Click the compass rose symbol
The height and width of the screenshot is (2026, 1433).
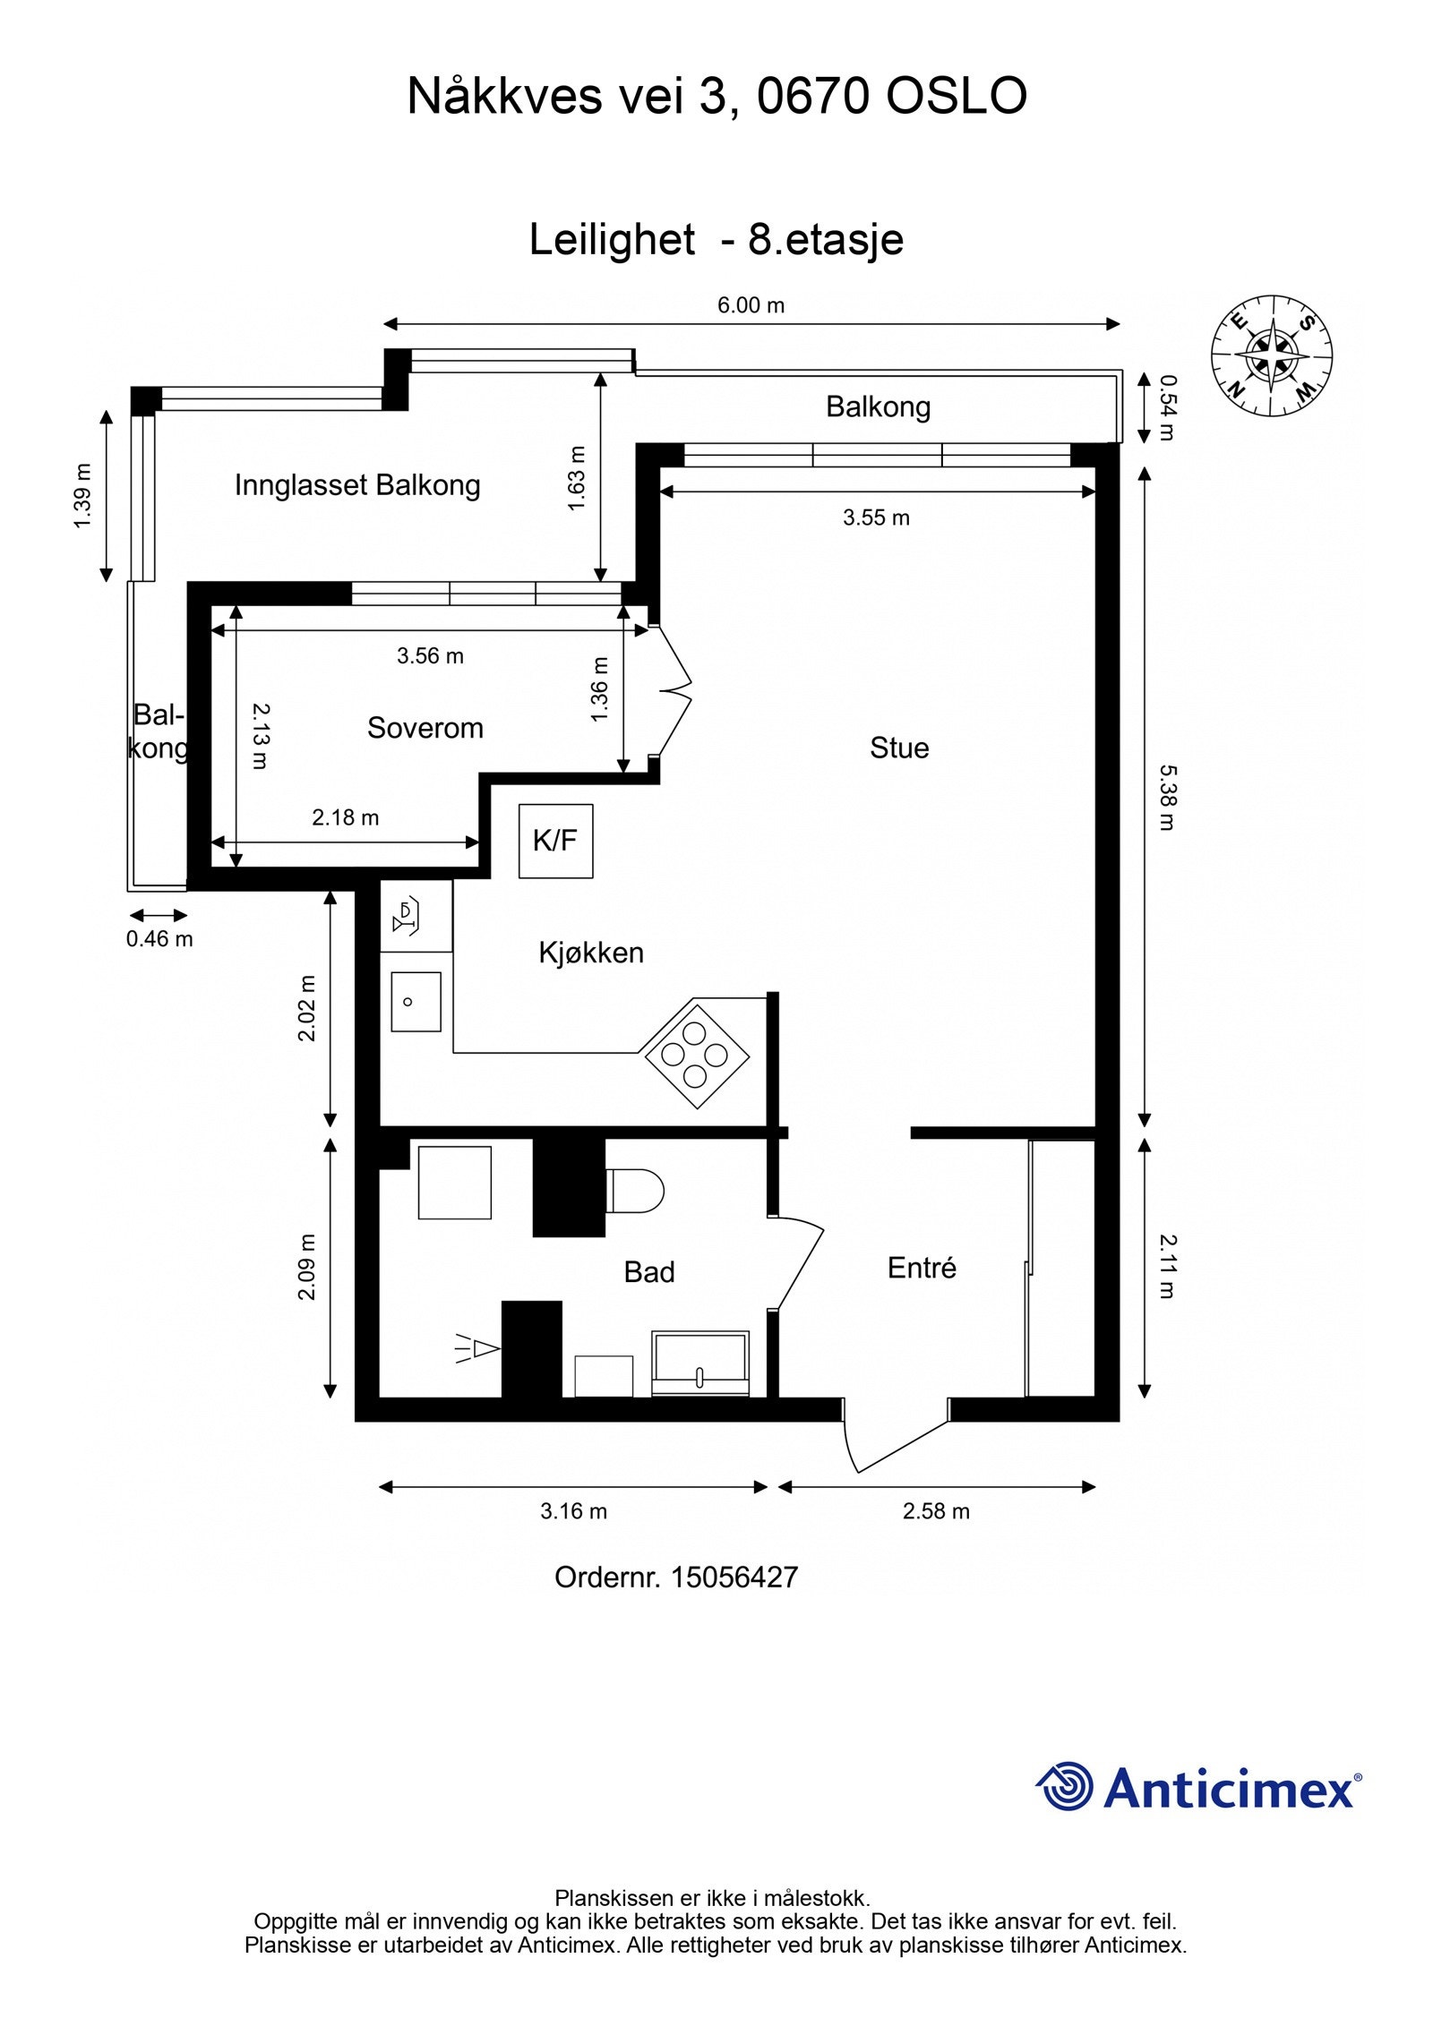(1272, 355)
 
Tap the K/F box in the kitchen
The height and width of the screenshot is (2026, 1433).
(556, 841)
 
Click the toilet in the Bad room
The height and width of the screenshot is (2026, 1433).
(635, 1191)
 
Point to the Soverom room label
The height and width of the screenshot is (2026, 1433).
(425, 728)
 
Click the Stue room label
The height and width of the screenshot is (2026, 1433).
(899, 748)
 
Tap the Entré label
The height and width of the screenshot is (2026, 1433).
(922, 1267)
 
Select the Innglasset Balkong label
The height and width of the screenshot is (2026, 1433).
(357, 485)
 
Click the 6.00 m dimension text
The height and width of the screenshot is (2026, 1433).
(751, 305)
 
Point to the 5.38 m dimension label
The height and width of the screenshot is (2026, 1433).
(1166, 797)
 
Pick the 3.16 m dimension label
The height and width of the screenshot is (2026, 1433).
(573, 1511)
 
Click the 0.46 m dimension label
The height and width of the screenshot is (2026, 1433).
(159, 938)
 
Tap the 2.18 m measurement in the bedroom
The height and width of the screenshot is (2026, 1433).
(345, 817)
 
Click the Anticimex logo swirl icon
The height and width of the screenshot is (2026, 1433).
(1064, 1786)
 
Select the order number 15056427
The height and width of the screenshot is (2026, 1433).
(734, 1577)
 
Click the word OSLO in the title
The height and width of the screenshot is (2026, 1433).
(956, 96)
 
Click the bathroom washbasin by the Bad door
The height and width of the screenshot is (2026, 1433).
(700, 1362)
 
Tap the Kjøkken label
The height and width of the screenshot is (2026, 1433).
(591, 953)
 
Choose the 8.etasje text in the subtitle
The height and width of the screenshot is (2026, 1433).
(826, 240)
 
